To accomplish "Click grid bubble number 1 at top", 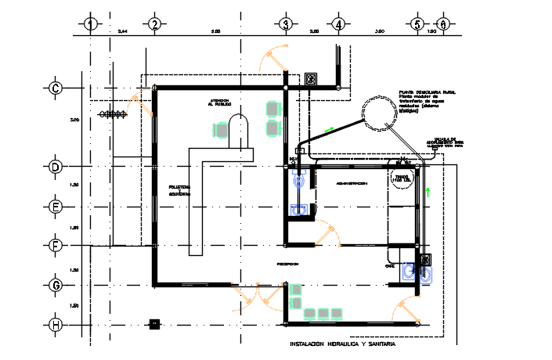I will (x=91, y=24).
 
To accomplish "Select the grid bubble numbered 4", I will (x=338, y=24).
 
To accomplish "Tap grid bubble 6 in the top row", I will (x=443, y=24).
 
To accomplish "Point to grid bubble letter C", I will (x=56, y=88).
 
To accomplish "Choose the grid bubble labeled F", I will (x=56, y=245).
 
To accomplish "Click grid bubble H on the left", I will (x=56, y=324).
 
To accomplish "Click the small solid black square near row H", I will (x=154, y=323).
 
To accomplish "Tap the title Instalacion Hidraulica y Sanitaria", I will (x=342, y=344).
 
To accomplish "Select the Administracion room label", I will (x=352, y=183).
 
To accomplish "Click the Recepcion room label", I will (x=287, y=265).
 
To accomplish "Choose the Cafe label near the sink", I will (x=390, y=265).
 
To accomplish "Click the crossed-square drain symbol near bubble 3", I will (x=311, y=78).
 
